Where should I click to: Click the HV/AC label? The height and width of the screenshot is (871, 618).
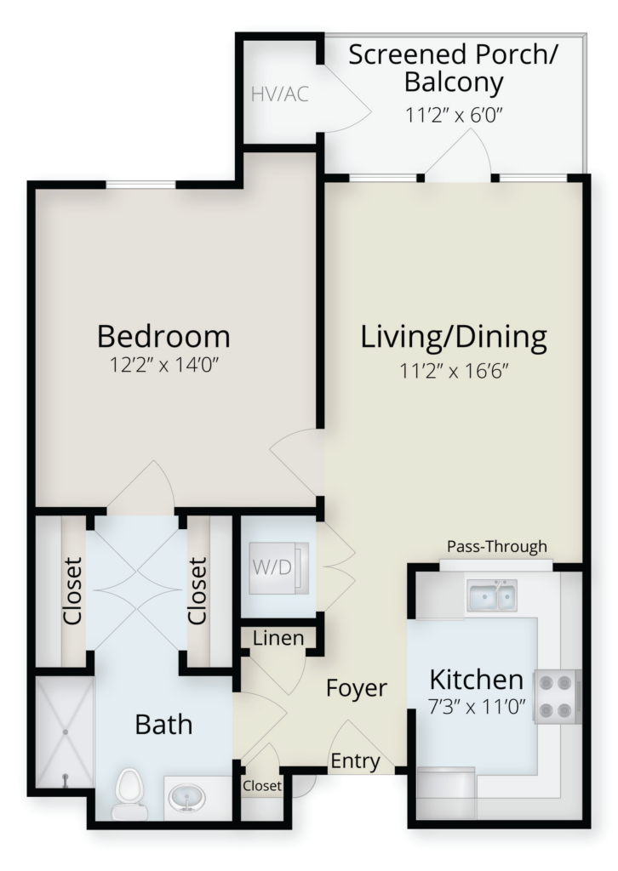click(x=279, y=94)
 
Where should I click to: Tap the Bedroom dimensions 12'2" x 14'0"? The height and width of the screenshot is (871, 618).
click(x=163, y=366)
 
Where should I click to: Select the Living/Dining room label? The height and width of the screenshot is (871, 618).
click(x=454, y=338)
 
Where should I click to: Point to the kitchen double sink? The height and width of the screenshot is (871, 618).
click(x=492, y=595)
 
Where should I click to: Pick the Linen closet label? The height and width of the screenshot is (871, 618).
click(x=278, y=638)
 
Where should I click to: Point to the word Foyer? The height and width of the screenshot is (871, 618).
click(x=356, y=688)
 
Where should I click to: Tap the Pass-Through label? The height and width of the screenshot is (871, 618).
click(x=497, y=547)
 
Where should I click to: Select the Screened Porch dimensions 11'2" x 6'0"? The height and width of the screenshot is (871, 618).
click(x=454, y=115)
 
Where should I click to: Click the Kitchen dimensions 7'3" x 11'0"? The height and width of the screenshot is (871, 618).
click(x=477, y=708)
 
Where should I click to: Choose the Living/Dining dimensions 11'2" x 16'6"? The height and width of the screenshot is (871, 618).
click(x=454, y=371)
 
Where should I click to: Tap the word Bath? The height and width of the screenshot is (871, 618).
click(x=163, y=725)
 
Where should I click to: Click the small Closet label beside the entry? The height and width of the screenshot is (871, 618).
click(x=262, y=785)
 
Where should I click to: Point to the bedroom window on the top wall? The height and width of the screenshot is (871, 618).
click(x=141, y=185)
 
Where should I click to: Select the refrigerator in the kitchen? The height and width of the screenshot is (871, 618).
click(x=447, y=794)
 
